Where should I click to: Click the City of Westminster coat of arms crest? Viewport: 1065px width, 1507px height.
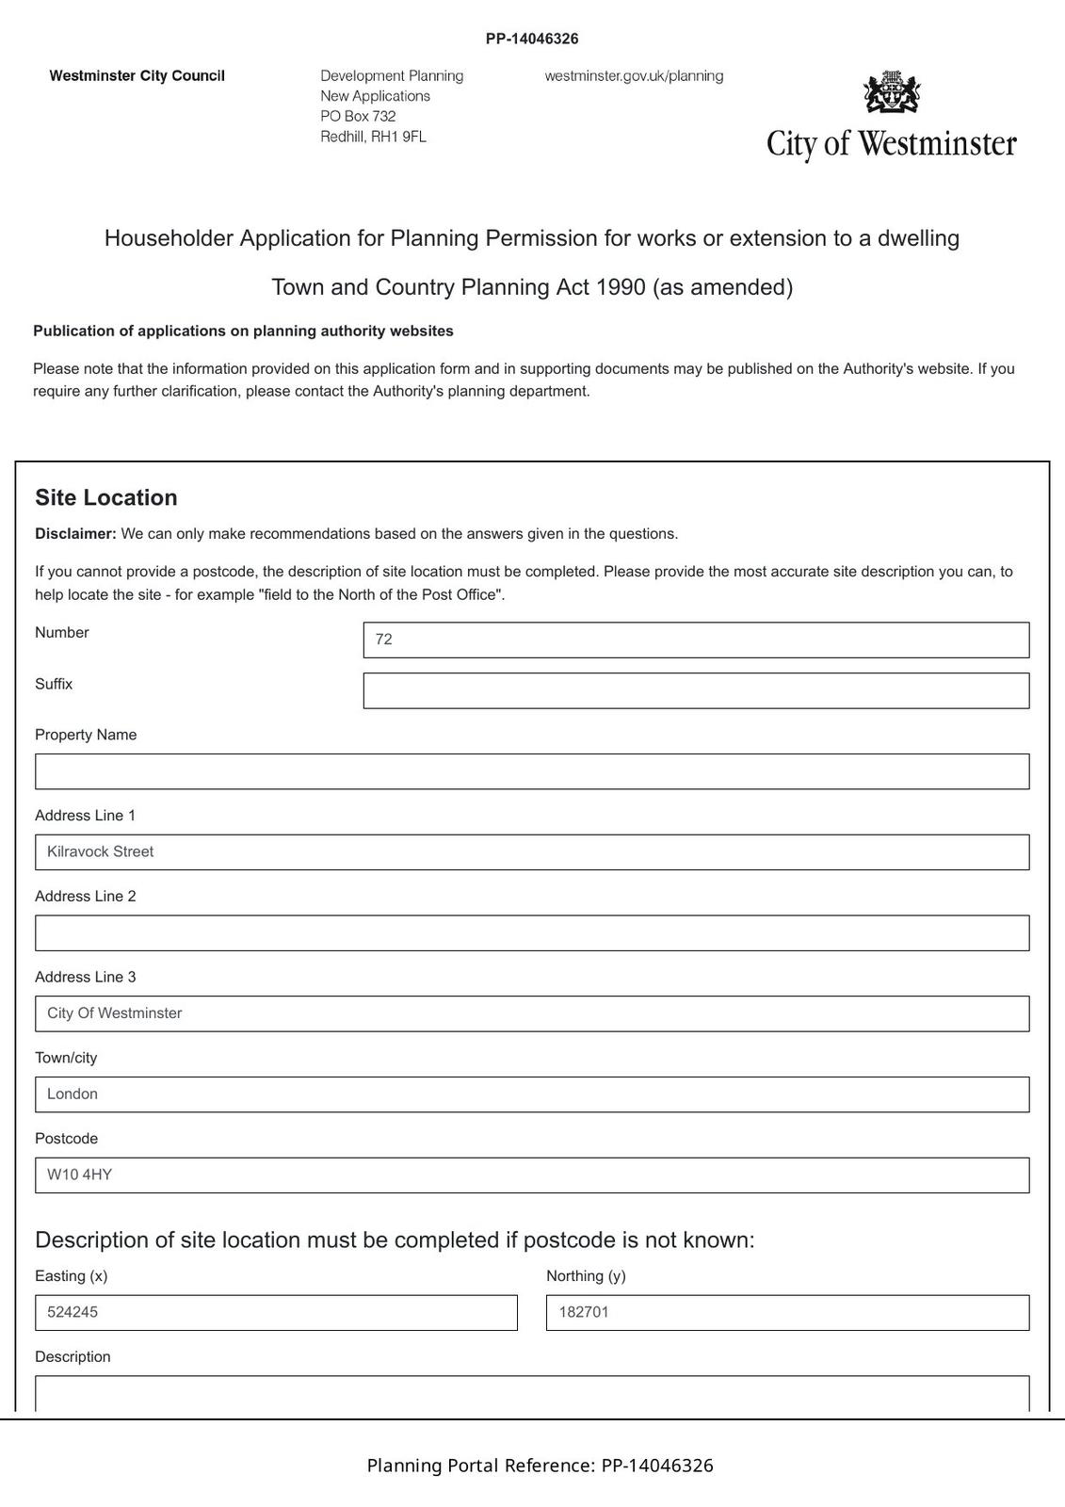pyautogui.click(x=891, y=92)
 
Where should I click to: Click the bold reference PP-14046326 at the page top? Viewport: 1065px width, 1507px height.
pyautogui.click(x=532, y=39)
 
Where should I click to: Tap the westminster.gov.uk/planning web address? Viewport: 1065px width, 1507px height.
pyautogui.click(x=634, y=75)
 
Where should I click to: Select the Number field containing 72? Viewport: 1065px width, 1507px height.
pyautogui.click(x=696, y=640)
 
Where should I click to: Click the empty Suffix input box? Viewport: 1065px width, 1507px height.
pyautogui.click(x=696, y=690)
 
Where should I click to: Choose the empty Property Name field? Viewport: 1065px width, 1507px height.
pyautogui.click(x=532, y=771)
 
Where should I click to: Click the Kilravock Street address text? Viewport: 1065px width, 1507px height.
pyautogui.click(x=101, y=851)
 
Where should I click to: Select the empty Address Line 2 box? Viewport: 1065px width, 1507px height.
pyautogui.click(x=532, y=932)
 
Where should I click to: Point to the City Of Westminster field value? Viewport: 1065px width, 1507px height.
pyautogui.click(x=115, y=1013)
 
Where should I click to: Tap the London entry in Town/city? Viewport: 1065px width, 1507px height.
pyautogui.click(x=73, y=1094)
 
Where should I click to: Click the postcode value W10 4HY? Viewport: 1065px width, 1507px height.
pyautogui.click(x=80, y=1175)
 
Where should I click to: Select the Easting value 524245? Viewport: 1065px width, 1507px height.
pyautogui.click(x=73, y=1312)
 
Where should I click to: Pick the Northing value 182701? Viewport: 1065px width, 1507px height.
pyautogui.click(x=584, y=1312)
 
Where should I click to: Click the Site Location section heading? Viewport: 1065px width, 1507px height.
pyautogui.click(x=106, y=497)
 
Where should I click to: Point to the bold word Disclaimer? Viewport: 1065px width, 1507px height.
pyautogui.click(x=75, y=534)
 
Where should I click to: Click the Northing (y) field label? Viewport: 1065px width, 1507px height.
pyautogui.click(x=586, y=1276)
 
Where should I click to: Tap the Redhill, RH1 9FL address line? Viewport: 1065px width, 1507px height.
pyautogui.click(x=373, y=137)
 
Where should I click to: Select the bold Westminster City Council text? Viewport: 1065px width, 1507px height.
pyautogui.click(x=137, y=75)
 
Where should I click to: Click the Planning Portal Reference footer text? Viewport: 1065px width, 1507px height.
pyautogui.click(x=541, y=1466)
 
